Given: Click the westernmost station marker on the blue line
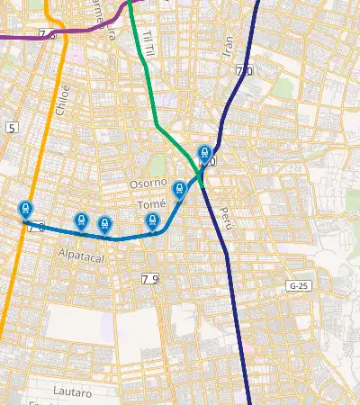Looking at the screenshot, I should [x=25, y=209].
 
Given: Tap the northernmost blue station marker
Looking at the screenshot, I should [x=204, y=154].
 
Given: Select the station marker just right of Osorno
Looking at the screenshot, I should [x=179, y=189].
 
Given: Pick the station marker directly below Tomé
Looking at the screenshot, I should [x=152, y=220].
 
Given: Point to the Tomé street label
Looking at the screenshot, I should [x=150, y=204].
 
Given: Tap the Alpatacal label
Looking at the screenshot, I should [x=83, y=256].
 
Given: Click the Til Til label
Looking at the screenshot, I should [x=149, y=38].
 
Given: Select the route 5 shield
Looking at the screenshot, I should [x=12, y=128].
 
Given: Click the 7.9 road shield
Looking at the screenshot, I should [x=149, y=280].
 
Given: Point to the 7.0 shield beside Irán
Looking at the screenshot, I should [x=244, y=70].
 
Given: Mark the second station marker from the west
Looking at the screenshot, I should [x=81, y=220].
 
